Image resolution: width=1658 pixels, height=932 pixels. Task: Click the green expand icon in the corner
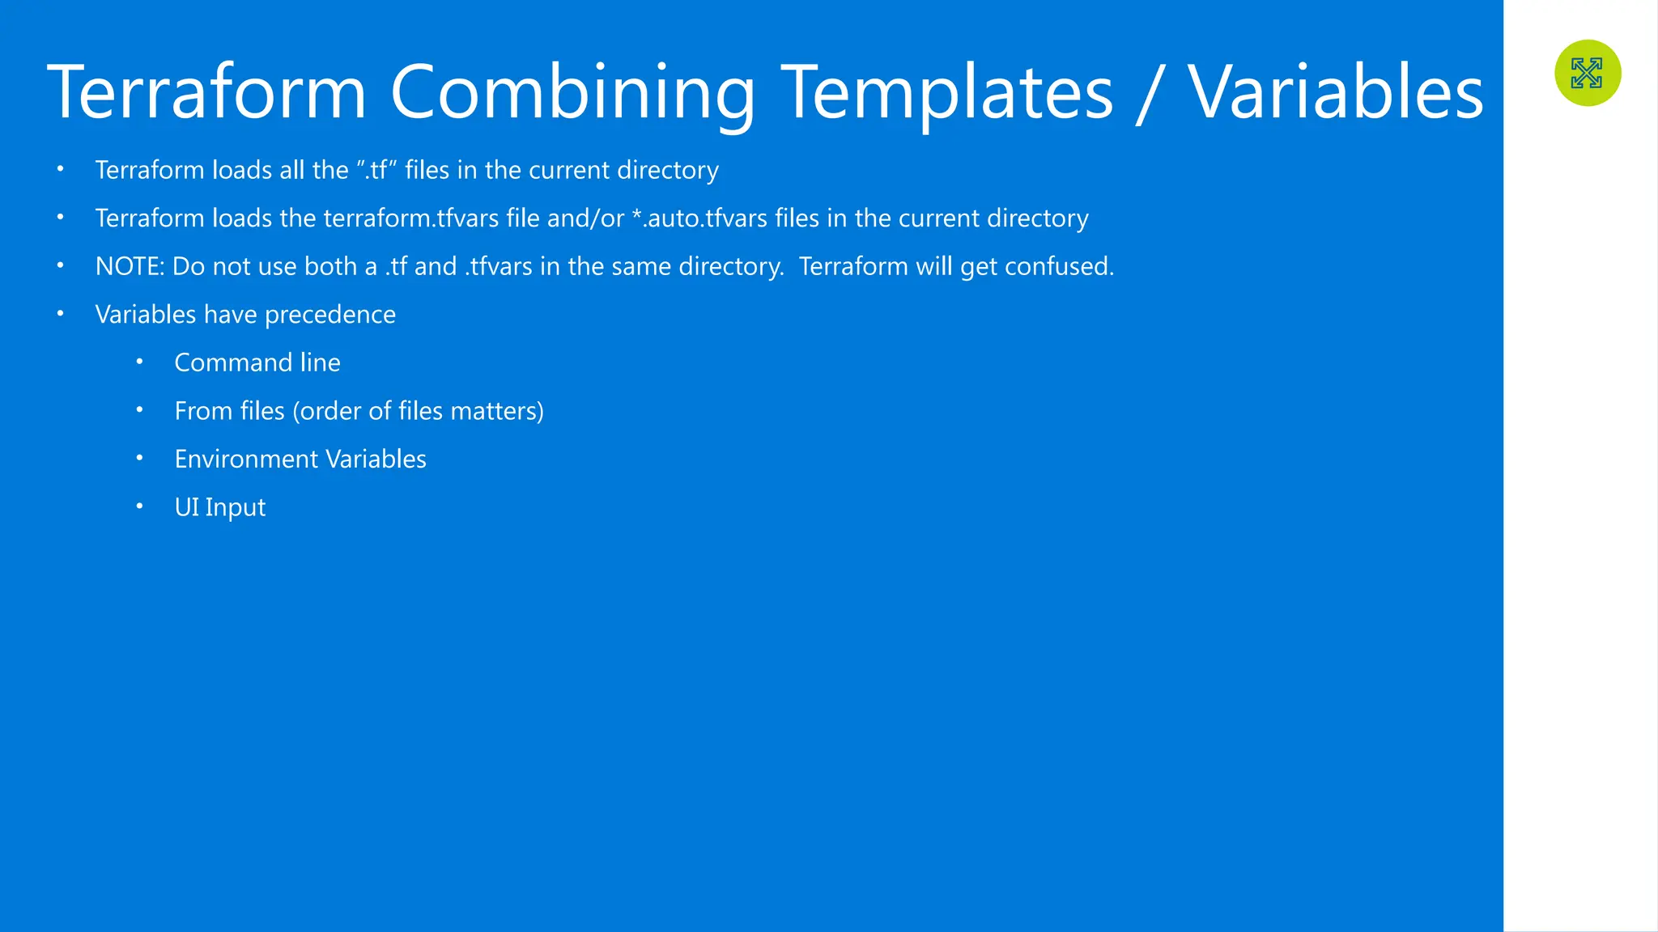coord(1588,73)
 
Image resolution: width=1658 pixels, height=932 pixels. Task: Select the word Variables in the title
coord(1335,92)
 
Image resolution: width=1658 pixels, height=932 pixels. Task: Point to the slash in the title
coord(1148,92)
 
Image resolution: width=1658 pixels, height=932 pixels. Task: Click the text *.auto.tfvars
coord(699,218)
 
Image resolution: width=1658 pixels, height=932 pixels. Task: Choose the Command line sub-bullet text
coord(257,362)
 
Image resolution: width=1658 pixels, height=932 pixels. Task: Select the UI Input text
coord(220,507)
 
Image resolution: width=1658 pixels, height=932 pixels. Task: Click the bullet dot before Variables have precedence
coord(60,313)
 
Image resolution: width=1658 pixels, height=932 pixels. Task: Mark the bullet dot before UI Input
coord(139,506)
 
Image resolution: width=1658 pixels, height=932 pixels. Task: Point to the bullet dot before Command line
coord(139,362)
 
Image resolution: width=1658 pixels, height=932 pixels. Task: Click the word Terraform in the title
coord(206,92)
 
